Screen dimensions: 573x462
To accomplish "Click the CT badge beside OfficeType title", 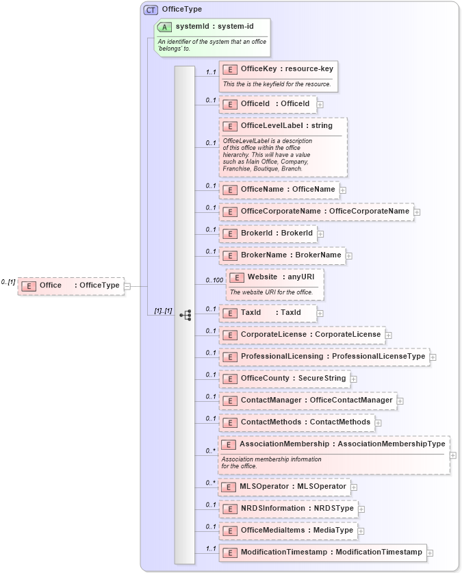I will click(x=150, y=10).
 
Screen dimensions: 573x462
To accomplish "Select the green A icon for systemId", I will click(x=164, y=27).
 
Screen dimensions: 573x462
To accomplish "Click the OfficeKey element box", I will click(x=278, y=69).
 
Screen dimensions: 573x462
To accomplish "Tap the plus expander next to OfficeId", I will click(x=320, y=105).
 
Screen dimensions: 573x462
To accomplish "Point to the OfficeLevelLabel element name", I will click(x=271, y=126).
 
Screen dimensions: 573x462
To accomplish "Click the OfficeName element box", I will click(x=279, y=190).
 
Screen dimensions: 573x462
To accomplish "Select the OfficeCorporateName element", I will click(x=316, y=212).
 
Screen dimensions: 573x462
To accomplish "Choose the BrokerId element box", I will click(x=268, y=233).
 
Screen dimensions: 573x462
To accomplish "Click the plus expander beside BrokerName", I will click(x=349, y=256).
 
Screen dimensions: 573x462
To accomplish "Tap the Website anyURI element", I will click(x=274, y=277).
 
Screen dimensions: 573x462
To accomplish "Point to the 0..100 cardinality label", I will click(x=214, y=281).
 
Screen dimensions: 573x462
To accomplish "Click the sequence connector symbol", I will click(x=185, y=315).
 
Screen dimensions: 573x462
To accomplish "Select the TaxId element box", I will click(x=268, y=313).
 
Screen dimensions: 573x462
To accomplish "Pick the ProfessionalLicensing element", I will click(x=324, y=357).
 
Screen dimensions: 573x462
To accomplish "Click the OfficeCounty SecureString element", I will click(x=284, y=379).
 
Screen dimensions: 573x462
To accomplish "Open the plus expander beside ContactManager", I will click(x=400, y=401).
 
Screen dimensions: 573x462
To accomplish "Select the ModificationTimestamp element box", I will click(x=322, y=552).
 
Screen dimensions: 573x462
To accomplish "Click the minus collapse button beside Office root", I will click(x=127, y=286).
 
